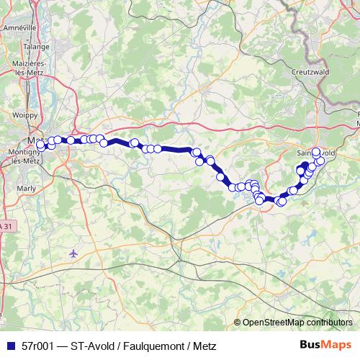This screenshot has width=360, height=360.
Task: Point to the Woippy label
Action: [x=24, y=114]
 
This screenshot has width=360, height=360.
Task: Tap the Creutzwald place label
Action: [x=310, y=72]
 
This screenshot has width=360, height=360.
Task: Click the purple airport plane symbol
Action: [x=73, y=253]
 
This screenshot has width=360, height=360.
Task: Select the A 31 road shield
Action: [x=6, y=225]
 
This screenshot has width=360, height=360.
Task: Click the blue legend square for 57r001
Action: [x=10, y=346]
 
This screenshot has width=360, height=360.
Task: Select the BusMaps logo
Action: [x=326, y=345]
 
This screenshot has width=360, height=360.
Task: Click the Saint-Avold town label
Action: [x=317, y=153]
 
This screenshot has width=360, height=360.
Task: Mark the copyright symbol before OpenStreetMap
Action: [x=238, y=323]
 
